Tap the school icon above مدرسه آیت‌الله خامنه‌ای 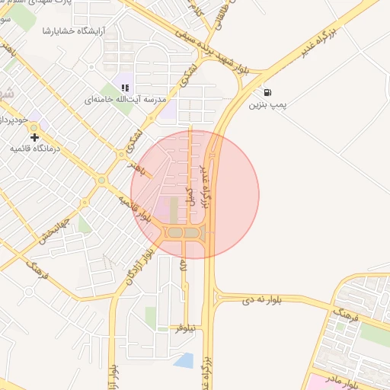tap(126, 88)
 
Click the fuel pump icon tap(266, 91)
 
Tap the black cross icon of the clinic tap(34, 137)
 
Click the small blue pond tap(184, 360)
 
